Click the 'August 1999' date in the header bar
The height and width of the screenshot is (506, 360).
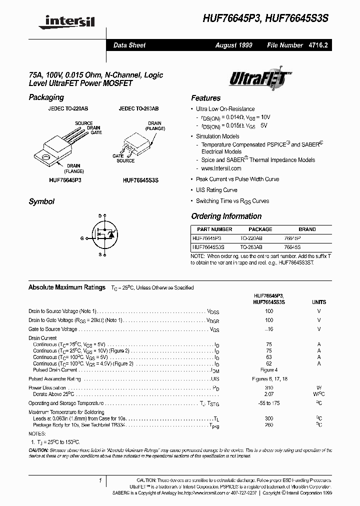coord(233,45)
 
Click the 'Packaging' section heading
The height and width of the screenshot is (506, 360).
coord(46,97)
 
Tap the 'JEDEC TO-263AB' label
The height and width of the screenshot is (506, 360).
coord(138,108)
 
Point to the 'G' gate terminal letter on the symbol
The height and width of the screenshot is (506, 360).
coord(82,238)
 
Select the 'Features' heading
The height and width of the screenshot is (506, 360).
coord(205,98)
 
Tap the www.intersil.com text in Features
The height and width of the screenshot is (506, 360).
coord(221,168)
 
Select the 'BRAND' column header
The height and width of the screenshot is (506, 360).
coord(307,229)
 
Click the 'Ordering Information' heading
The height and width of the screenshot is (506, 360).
coord(226,216)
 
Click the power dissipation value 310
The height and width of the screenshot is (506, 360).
coord(269,387)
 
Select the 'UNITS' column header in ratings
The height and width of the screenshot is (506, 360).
coord(318,302)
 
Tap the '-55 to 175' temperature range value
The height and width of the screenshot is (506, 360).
coord(269,403)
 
